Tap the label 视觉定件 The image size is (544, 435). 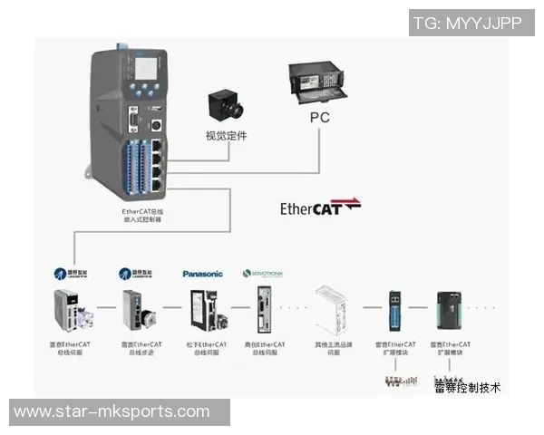(x=226, y=137)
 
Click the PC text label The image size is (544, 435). (x=319, y=118)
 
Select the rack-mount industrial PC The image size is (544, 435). (x=322, y=84)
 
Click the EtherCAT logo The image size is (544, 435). (x=319, y=208)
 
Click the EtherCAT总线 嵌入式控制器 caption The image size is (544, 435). (x=142, y=217)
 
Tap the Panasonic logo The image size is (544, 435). (x=201, y=273)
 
